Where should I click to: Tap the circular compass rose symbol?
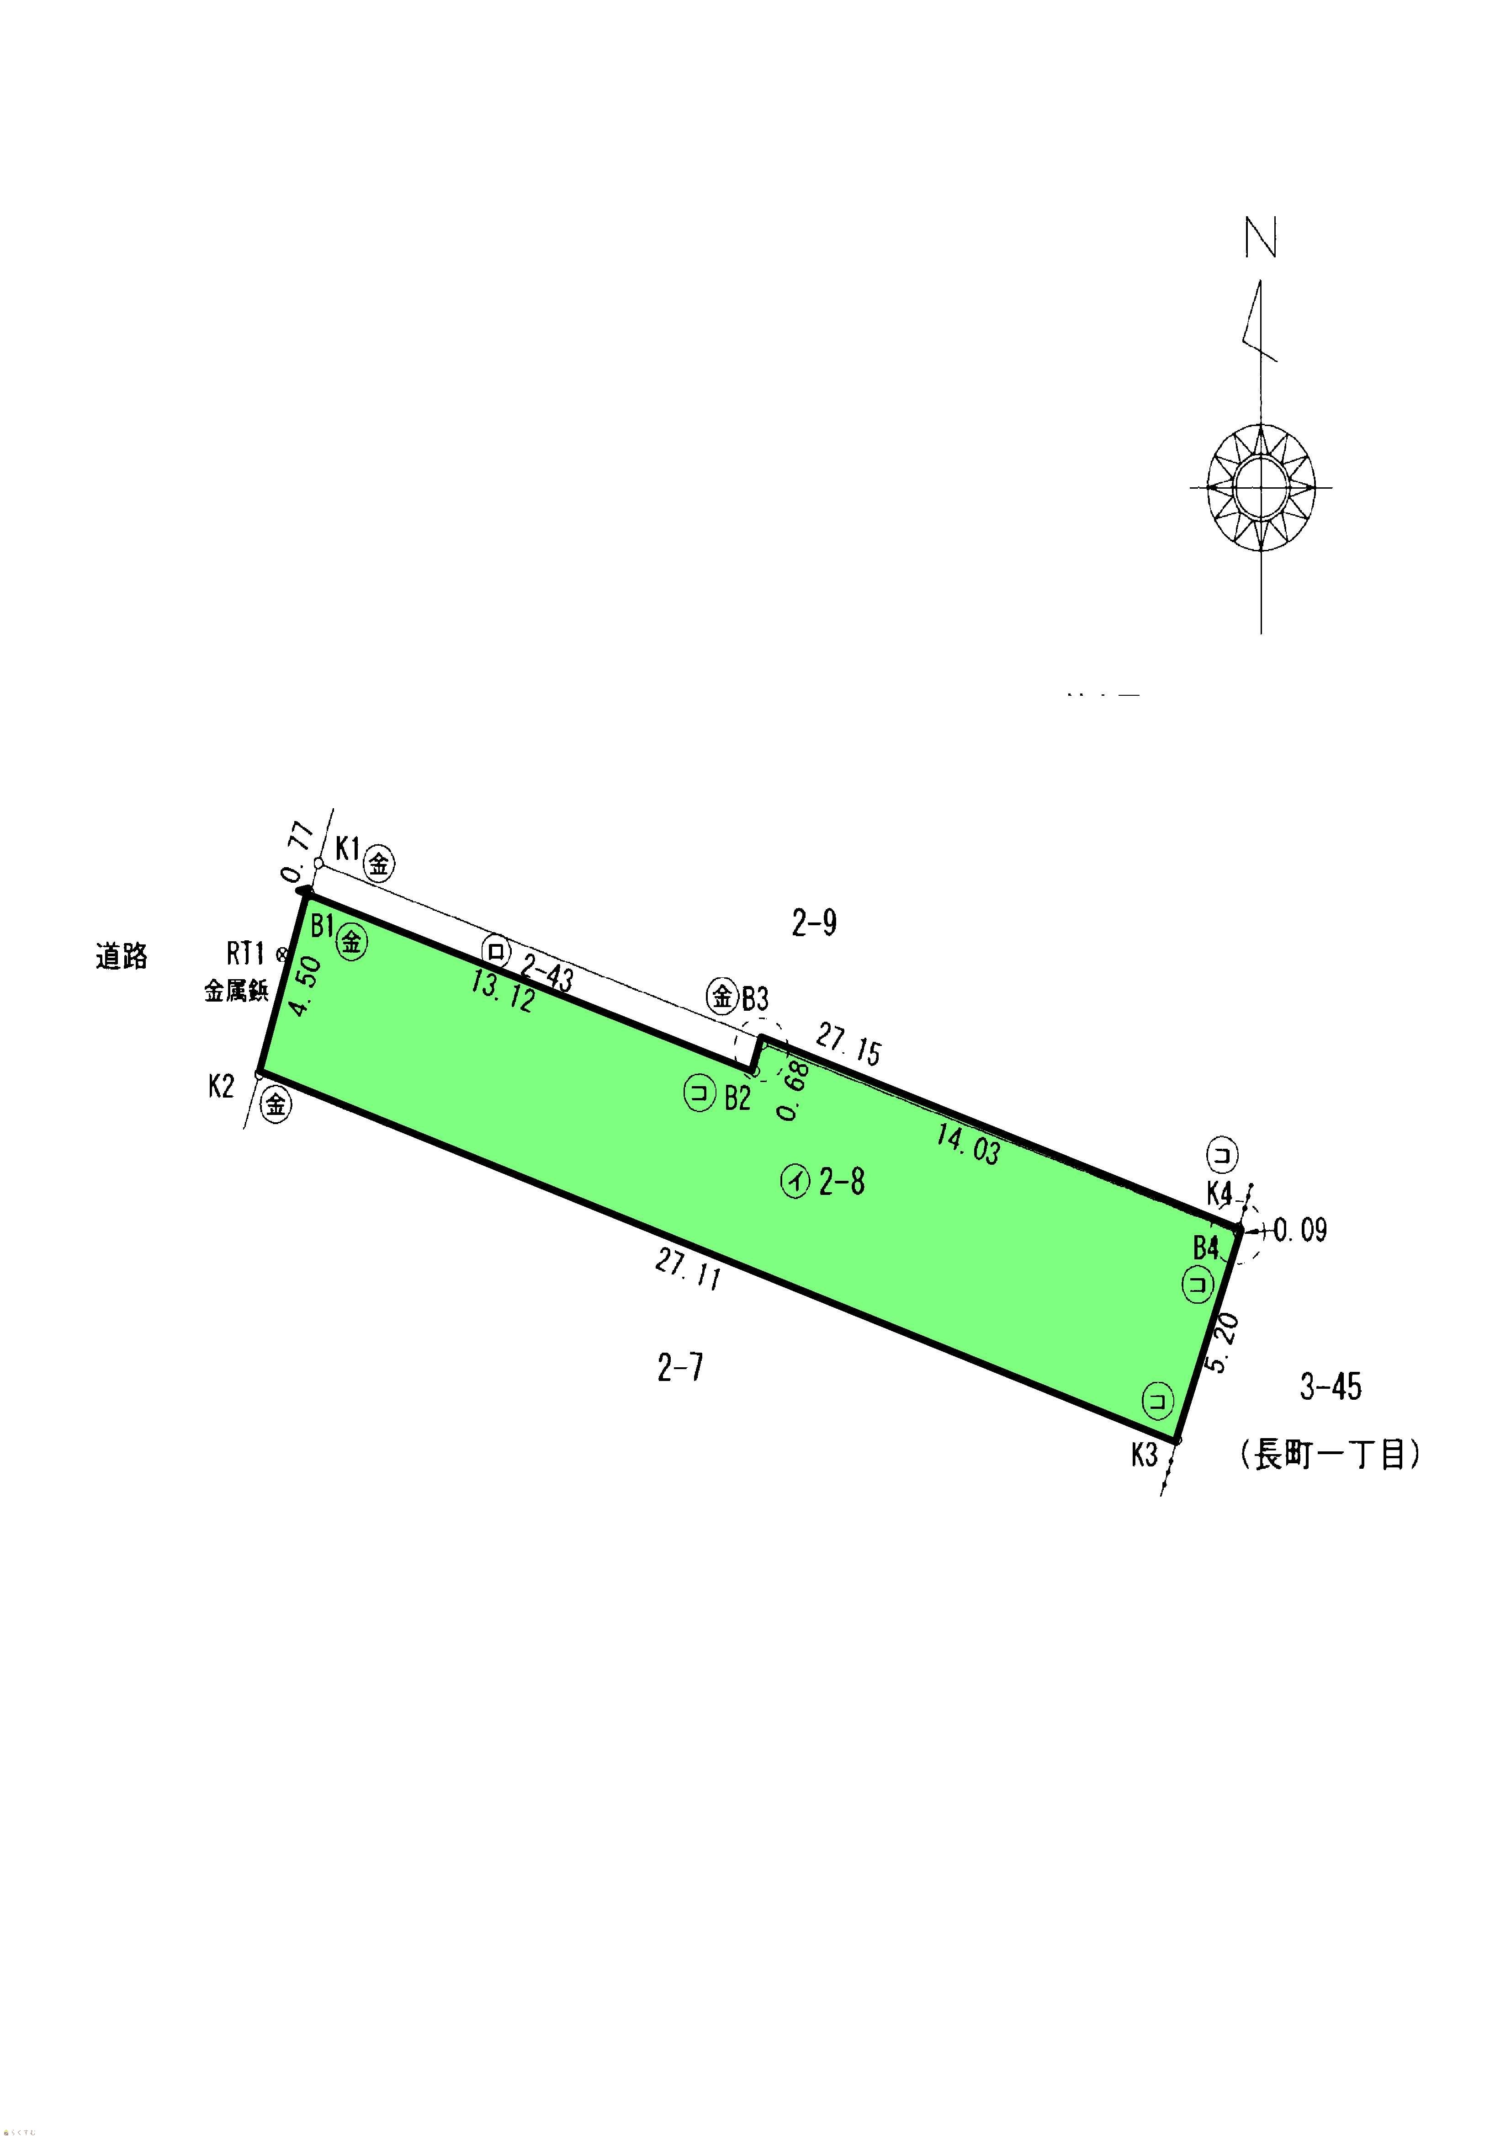point(1262,487)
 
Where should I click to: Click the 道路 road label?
point(122,956)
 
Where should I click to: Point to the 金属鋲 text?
point(237,991)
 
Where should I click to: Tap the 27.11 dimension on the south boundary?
point(688,1269)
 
